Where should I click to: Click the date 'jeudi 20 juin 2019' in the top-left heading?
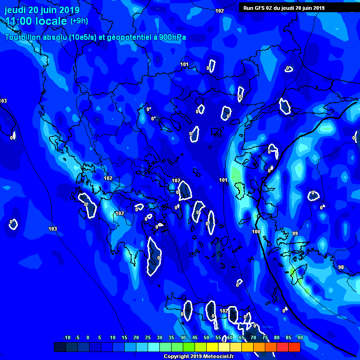pyautogui.click(x=42, y=10)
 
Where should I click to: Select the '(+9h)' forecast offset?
pyautogui.click(x=79, y=21)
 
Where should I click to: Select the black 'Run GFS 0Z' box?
pyautogui.click(x=297, y=7)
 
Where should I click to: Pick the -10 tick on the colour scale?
pyautogui.click(x=66, y=337)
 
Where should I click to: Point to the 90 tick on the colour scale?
pyautogui.click(x=300, y=337)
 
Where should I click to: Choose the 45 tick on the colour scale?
pyautogui.click(x=195, y=337)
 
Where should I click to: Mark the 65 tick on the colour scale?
pyautogui.click(x=241, y=337)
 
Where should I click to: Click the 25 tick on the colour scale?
pyautogui.click(x=148, y=337)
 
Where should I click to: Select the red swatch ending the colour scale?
pyautogui.click(x=294, y=347)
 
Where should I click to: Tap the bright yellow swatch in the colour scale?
pyautogui.click(x=212, y=347)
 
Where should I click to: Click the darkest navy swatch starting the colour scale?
pyautogui.click(x=60, y=347)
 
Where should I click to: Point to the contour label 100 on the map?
pyautogui.click(x=256, y=232)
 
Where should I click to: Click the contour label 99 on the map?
pyautogui.click(x=295, y=233)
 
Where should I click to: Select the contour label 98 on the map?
pyautogui.click(x=341, y=267)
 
